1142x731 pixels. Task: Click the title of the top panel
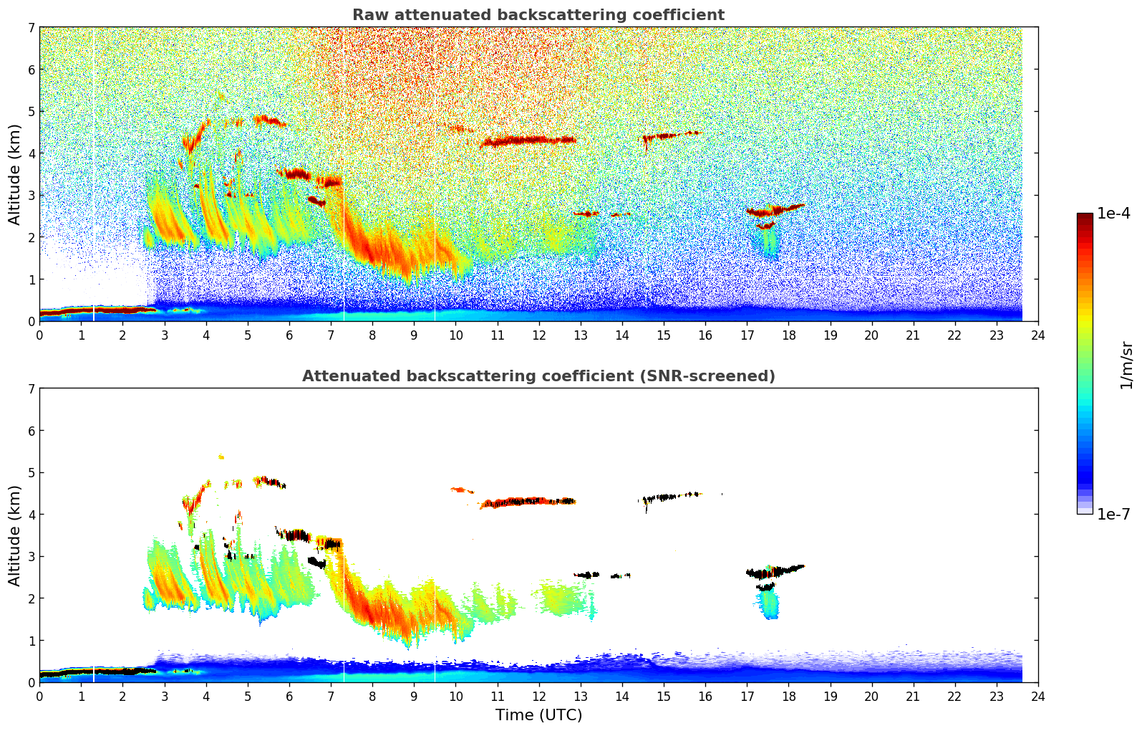click(x=538, y=15)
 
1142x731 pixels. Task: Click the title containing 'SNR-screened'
click(x=538, y=376)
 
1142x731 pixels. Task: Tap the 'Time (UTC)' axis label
click(x=538, y=715)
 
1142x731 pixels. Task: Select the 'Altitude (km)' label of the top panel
click(x=15, y=174)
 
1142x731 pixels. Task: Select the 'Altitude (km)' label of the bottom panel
click(x=15, y=535)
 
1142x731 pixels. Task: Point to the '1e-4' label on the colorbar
click(x=1113, y=214)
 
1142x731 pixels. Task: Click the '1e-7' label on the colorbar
click(x=1113, y=515)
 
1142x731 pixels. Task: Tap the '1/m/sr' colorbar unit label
click(x=1126, y=365)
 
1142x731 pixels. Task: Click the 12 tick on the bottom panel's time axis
click(x=538, y=696)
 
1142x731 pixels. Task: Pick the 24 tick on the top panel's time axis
click(x=1037, y=335)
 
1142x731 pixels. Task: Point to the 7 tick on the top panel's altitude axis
click(x=31, y=27)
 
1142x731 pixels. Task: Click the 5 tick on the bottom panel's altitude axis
click(x=31, y=472)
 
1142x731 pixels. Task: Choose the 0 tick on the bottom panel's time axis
click(x=39, y=696)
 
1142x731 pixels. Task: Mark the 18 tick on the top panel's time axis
click(x=788, y=335)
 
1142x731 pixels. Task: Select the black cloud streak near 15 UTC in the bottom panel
click(x=662, y=497)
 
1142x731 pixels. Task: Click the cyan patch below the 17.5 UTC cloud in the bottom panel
click(x=770, y=606)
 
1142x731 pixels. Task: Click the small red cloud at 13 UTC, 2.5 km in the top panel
click(x=586, y=214)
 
